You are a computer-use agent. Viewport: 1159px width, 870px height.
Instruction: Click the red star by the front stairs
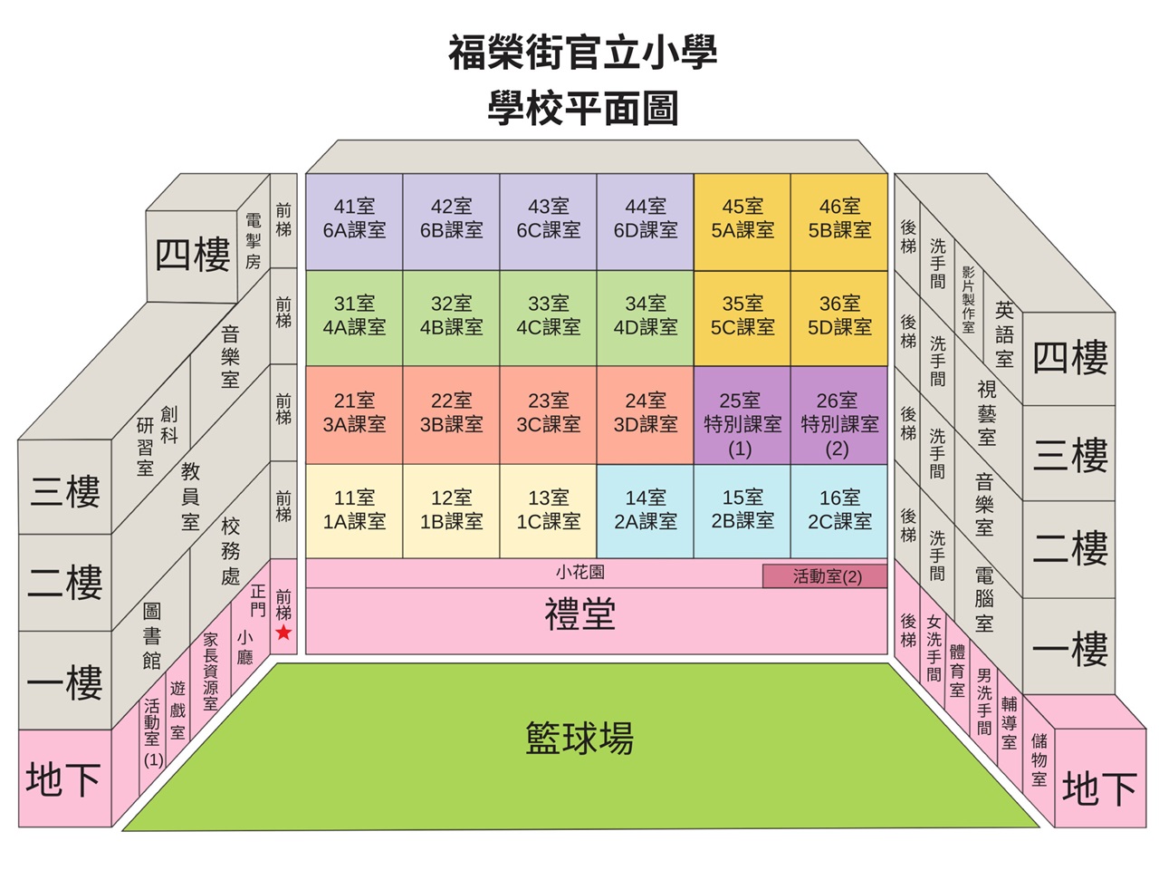pyautogui.click(x=283, y=633)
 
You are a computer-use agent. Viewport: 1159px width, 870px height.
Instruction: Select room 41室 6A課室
pyautogui.click(x=354, y=222)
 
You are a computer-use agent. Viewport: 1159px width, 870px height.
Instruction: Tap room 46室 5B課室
pyautogui.click(x=839, y=222)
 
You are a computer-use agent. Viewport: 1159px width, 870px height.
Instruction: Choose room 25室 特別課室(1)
pyautogui.click(x=742, y=416)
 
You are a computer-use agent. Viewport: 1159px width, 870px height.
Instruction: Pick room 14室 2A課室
pyautogui.click(x=646, y=511)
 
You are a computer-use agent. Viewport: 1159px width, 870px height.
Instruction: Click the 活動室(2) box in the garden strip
pyautogui.click(x=825, y=575)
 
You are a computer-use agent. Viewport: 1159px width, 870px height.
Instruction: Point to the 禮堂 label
pyautogui.click(x=579, y=614)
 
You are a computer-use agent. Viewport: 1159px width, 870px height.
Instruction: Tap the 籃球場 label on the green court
pyautogui.click(x=579, y=738)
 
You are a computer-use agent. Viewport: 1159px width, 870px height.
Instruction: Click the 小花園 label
pyautogui.click(x=579, y=572)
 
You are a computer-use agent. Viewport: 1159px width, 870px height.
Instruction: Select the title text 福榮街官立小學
pyautogui.click(x=582, y=52)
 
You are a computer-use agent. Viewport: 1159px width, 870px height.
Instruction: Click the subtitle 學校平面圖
pyautogui.click(x=582, y=108)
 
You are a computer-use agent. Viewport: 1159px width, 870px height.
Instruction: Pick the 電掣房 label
pyautogui.click(x=253, y=241)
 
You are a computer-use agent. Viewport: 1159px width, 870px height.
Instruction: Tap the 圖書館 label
pyautogui.click(x=151, y=636)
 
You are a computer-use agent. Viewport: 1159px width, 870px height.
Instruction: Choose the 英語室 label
pyautogui.click(x=1004, y=334)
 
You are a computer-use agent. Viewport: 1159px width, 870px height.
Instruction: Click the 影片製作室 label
pyautogui.click(x=968, y=299)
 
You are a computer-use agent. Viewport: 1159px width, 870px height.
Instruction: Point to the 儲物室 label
pyautogui.click(x=1039, y=759)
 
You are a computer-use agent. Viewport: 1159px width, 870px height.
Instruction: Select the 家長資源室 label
pyautogui.click(x=210, y=672)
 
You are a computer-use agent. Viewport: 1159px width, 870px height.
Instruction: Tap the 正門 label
pyautogui.click(x=258, y=600)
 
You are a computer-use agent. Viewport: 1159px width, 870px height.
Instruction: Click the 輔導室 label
pyautogui.click(x=1009, y=722)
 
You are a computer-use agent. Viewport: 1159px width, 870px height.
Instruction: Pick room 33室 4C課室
pyautogui.click(x=548, y=318)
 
